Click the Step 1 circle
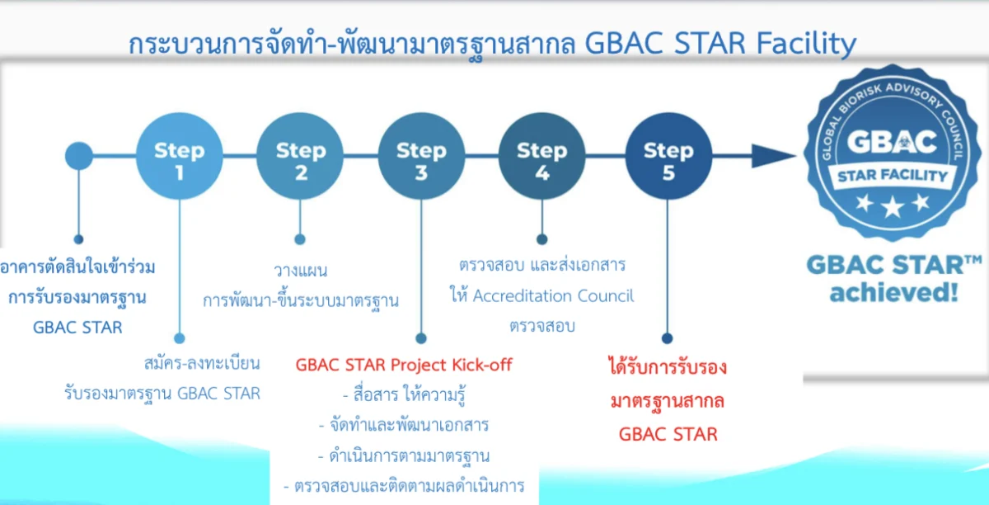coord(180,156)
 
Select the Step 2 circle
coord(300,156)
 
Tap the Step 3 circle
coord(421,156)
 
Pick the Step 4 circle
coord(542,156)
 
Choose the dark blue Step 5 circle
coord(668,156)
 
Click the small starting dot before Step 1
coord(79,156)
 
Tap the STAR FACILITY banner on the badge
coord(893,176)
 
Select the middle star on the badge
coord(893,206)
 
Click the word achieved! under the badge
coord(894,293)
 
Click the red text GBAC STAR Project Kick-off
coord(404,366)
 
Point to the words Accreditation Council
coord(553,296)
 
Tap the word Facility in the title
coord(806,45)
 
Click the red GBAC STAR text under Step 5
coord(668,434)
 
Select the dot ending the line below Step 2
coord(300,239)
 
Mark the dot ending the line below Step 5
coord(667,339)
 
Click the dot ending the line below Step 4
coord(542,239)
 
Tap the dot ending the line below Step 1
coord(180,339)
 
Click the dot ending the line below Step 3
coord(421,339)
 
